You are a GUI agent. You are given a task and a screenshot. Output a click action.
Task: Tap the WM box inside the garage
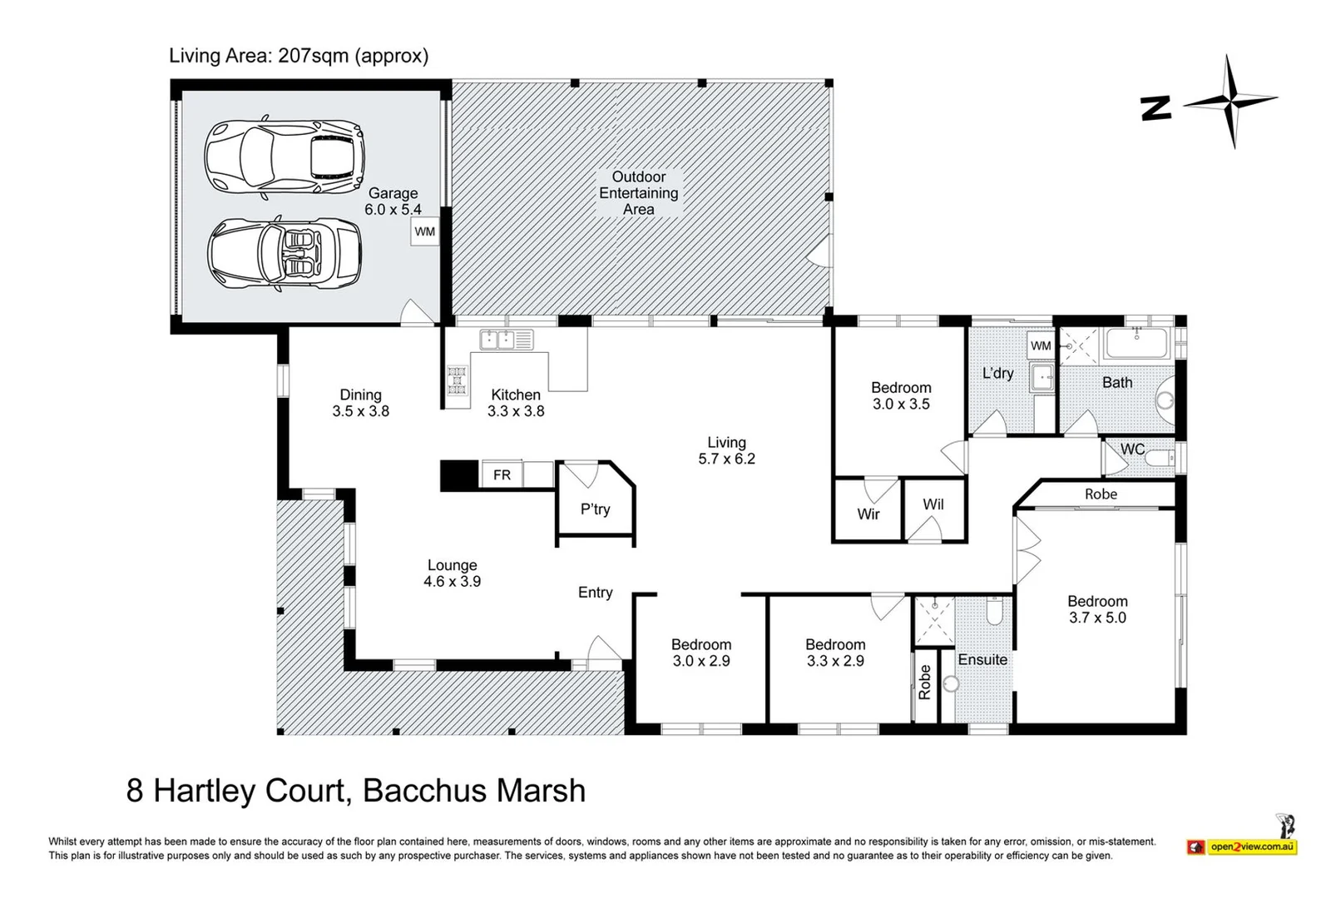point(424,231)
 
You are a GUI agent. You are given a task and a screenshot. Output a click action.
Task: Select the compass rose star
point(1230,102)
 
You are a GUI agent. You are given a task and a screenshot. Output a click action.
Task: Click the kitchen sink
point(506,340)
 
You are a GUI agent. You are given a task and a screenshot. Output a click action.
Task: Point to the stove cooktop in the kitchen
point(457,380)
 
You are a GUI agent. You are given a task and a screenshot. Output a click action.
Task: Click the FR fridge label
point(502,475)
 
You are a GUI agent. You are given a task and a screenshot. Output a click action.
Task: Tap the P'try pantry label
point(595,509)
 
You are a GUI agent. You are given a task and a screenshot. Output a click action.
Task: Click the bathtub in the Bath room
point(1136,344)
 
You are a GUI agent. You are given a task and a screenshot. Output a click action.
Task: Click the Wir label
point(868,514)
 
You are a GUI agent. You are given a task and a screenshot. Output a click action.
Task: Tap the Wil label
point(933,504)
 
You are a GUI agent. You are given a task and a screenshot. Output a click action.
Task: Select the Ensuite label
point(982,659)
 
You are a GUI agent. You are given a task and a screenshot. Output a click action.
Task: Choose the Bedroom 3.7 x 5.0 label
point(1097,609)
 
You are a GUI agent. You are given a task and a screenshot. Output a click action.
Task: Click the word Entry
point(595,593)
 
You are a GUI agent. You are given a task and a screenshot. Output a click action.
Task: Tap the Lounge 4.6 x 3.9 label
point(452,574)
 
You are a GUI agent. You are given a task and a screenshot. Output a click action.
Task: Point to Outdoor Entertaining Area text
point(639,193)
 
